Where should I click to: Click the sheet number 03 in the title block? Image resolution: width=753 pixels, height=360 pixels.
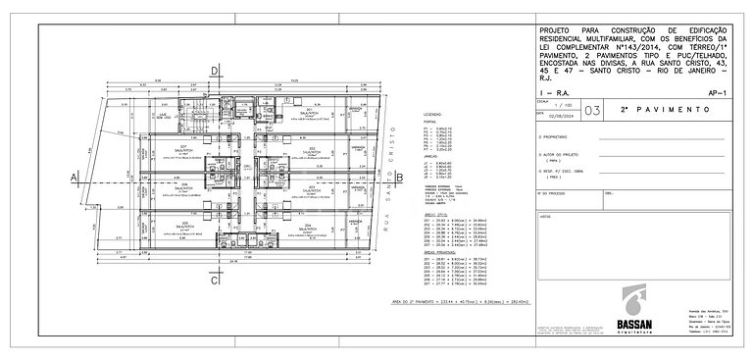click(x=589, y=112)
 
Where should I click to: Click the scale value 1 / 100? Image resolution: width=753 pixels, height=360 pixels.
click(x=561, y=106)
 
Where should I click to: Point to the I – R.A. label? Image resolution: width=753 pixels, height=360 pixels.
click(x=553, y=90)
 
